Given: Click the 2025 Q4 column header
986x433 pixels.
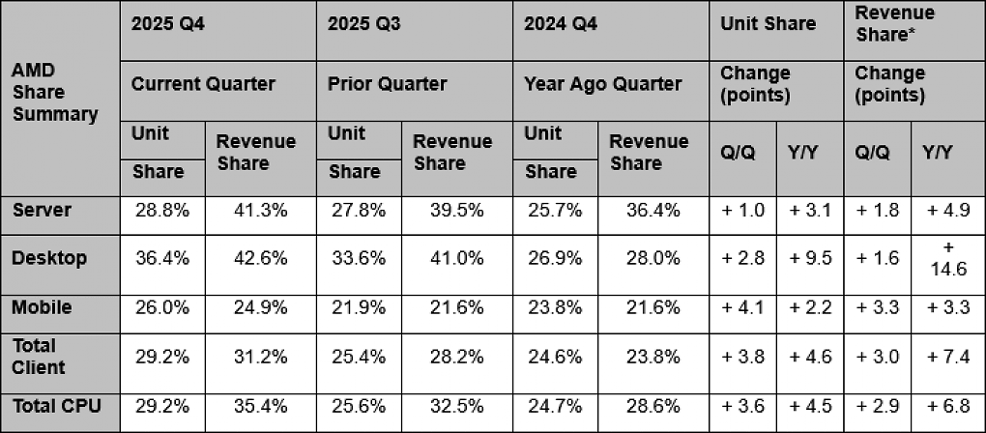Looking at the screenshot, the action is (168, 24).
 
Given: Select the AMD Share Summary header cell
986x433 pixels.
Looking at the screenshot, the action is (55, 93).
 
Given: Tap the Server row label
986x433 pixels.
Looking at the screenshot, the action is (43, 210).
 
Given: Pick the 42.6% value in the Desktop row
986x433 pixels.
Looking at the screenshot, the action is (251, 258).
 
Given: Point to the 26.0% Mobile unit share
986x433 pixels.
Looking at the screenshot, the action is (162, 308).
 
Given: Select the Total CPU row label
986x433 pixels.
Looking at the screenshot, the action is (57, 406).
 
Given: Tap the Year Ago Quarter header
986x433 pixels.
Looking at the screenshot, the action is (603, 83).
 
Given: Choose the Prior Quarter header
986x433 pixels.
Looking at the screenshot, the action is (388, 83).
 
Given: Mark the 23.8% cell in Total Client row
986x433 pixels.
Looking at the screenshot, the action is (653, 357).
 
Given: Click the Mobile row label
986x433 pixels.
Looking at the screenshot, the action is (43, 307).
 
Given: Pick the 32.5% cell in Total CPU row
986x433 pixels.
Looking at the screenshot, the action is (449, 407).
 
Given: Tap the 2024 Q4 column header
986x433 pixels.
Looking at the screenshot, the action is (561, 24).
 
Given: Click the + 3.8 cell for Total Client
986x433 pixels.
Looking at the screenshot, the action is (742, 357).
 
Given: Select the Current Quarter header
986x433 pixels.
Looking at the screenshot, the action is (203, 83).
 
